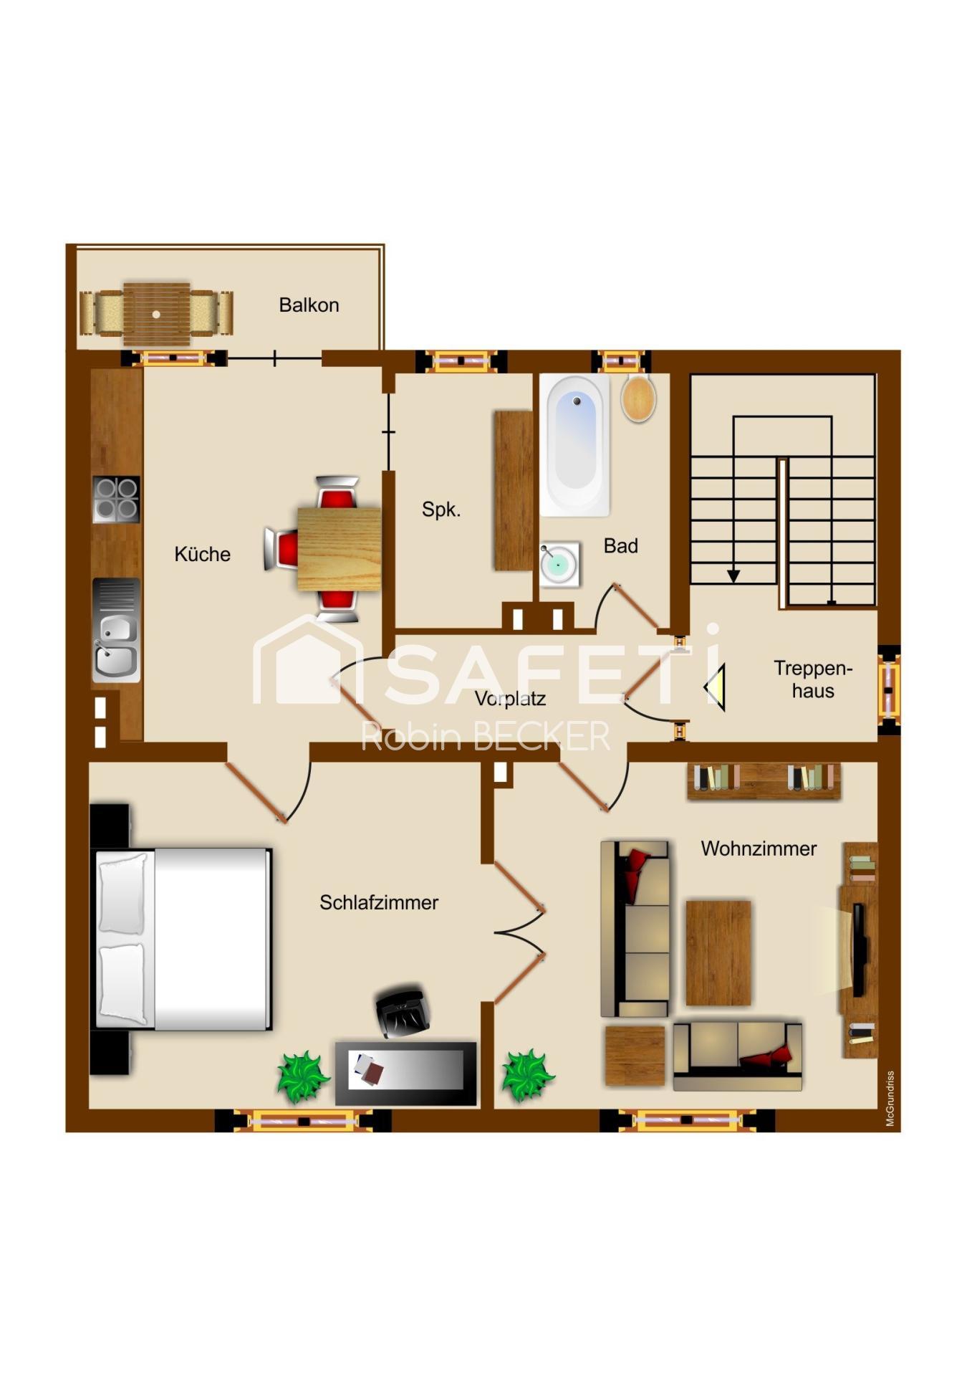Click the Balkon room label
[309, 305]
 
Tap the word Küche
[203, 554]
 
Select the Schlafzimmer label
[379, 902]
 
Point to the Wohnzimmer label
[759, 849]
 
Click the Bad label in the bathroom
[621, 546]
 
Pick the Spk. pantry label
[441, 510]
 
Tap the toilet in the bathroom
[638, 397]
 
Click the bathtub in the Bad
[575, 445]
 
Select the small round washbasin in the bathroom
[559, 564]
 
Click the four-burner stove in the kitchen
[116, 499]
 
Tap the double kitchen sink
[116, 631]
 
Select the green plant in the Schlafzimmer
[303, 1076]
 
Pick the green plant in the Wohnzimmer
[528, 1076]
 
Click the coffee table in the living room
[718, 953]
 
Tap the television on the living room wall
[859, 950]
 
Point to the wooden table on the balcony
[156, 314]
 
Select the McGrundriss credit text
[890, 1099]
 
